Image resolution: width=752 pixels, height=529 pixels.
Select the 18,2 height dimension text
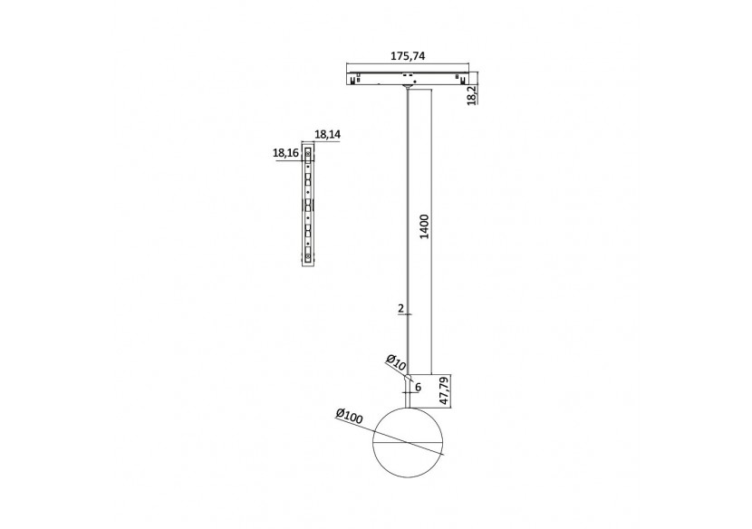(471, 92)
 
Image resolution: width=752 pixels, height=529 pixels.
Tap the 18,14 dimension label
(327, 134)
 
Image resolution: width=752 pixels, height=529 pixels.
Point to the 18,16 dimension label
(285, 153)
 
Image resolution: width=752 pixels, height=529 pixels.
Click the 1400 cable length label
(425, 226)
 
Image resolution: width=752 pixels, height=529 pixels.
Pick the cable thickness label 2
(401, 309)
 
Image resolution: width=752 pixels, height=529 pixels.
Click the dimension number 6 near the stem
(418, 387)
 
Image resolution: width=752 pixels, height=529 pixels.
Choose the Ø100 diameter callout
(349, 416)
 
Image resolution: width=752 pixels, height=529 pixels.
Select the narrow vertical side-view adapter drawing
(308, 208)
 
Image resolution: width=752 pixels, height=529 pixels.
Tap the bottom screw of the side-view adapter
(308, 259)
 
